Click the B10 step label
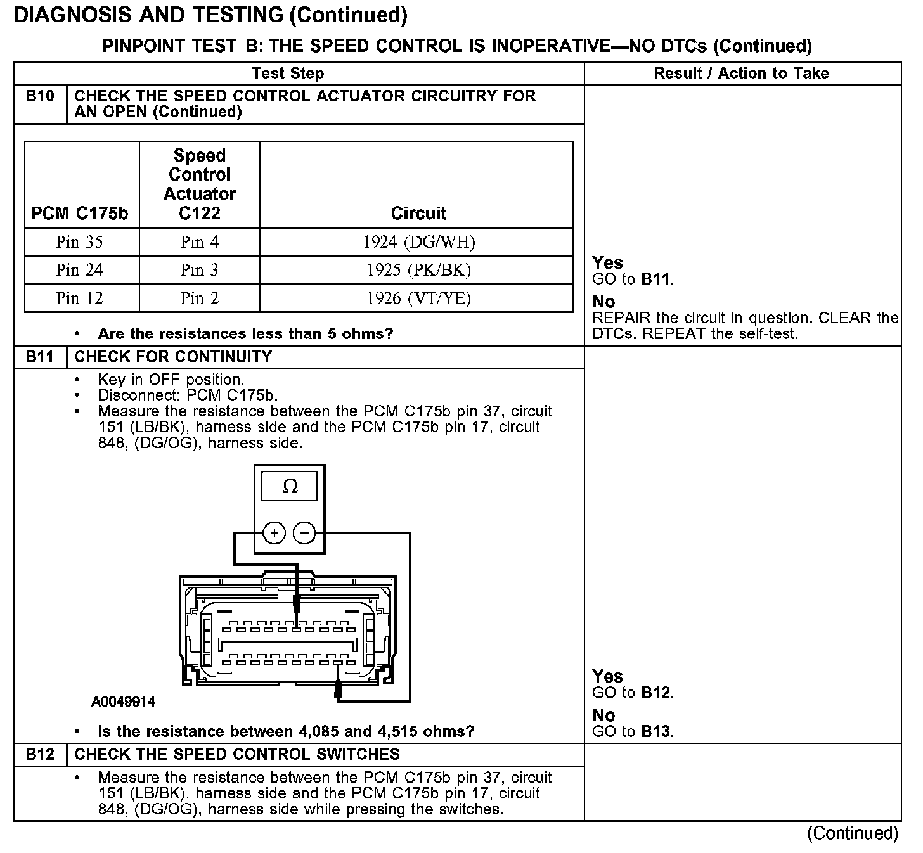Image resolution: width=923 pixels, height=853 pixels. click(40, 96)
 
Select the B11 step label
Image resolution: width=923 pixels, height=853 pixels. click(40, 357)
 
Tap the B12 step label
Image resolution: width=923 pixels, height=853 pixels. click(40, 754)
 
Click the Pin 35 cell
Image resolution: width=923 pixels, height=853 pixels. click(79, 242)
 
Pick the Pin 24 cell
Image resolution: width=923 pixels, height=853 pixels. click(79, 270)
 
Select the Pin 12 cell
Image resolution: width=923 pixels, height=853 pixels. click(79, 298)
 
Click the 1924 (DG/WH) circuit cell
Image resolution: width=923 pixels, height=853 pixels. click(418, 242)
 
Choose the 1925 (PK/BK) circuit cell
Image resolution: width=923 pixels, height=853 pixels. click(418, 270)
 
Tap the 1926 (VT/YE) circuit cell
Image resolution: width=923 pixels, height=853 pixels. click(418, 298)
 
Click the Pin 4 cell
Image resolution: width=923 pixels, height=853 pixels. click(199, 242)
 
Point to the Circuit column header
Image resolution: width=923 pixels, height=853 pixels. click(418, 214)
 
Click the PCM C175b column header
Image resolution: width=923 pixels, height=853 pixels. click(79, 214)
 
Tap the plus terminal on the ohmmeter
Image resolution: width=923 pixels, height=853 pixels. click(274, 534)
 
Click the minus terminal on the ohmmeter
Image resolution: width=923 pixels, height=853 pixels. click(305, 534)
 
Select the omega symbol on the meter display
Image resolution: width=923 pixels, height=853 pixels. click(290, 487)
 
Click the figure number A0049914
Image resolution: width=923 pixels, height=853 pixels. click(124, 702)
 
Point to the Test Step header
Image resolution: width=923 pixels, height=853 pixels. click(288, 74)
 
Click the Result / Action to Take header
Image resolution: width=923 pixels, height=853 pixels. click(741, 74)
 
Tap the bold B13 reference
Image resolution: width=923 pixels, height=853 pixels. click(655, 731)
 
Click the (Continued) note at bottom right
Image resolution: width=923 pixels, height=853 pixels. click(853, 833)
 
